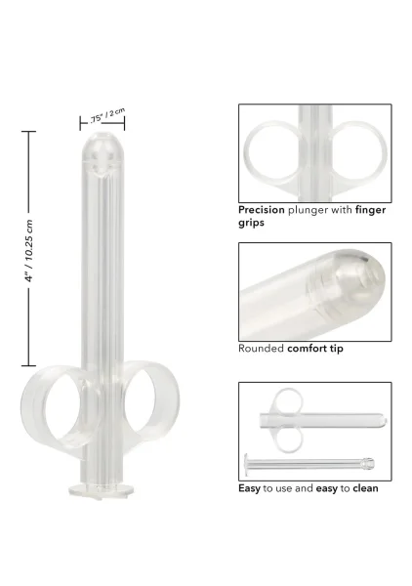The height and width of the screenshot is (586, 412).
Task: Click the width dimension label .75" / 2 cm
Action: (107, 115)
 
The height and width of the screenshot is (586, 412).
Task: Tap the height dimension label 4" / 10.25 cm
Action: (29, 250)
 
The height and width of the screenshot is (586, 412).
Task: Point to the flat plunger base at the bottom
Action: (101, 490)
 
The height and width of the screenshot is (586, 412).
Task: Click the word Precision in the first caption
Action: (262, 210)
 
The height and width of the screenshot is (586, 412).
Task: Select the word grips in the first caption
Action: (251, 223)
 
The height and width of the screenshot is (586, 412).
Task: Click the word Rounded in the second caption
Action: (261, 349)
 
